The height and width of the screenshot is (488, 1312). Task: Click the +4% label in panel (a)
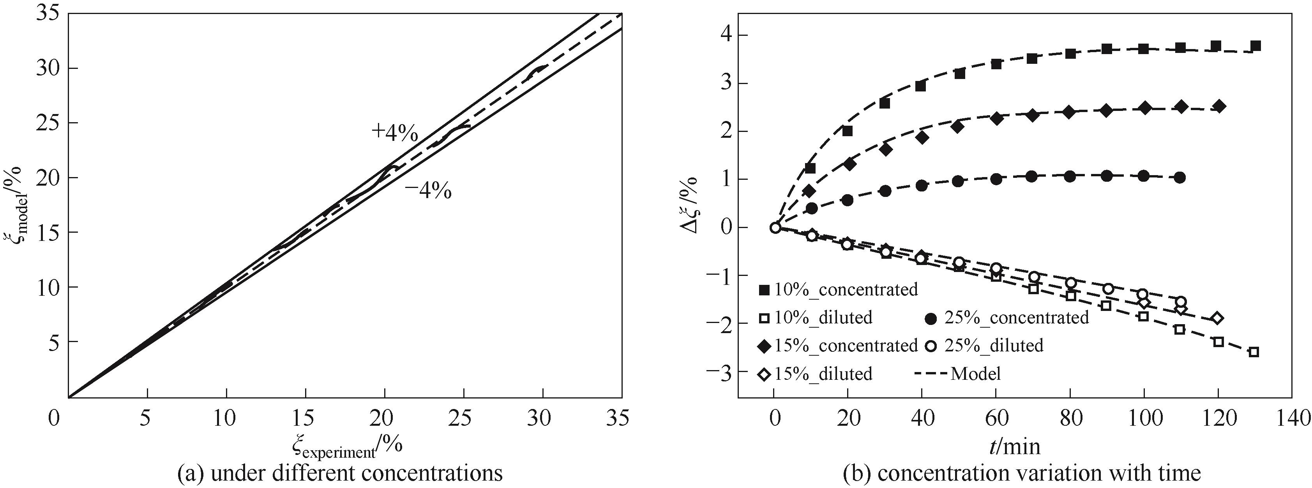click(x=395, y=132)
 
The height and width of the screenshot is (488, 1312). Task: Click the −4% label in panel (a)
click(x=428, y=191)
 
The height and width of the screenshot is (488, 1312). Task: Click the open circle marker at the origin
click(x=775, y=228)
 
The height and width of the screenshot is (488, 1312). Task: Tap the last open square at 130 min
click(x=1254, y=352)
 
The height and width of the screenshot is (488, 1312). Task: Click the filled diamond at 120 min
click(x=1219, y=106)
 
